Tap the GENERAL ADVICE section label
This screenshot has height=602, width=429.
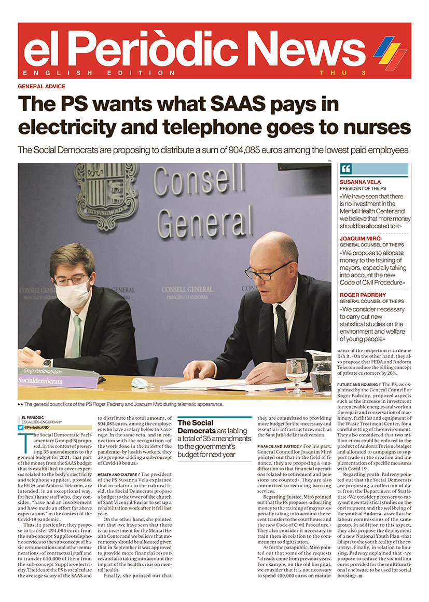tap(41, 86)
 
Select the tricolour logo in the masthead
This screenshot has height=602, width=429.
tap(390, 50)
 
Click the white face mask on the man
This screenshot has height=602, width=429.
tap(73, 294)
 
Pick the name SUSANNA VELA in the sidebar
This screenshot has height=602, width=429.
tap(360, 182)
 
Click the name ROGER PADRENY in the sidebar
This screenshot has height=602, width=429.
tap(364, 295)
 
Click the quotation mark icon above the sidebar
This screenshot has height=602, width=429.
tap(346, 169)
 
